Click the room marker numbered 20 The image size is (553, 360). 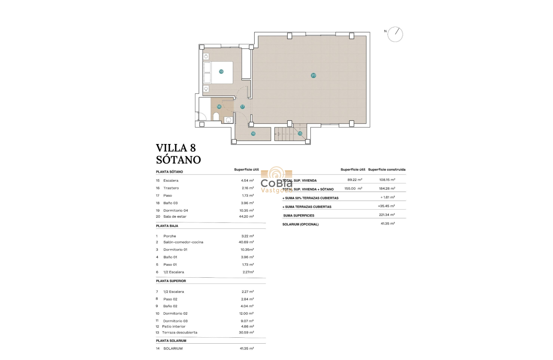pos(313,75)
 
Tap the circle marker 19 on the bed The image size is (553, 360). pos(221,72)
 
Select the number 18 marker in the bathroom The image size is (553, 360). pos(219,107)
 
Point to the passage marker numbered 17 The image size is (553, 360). pos(242,107)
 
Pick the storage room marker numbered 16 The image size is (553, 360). pos(253,134)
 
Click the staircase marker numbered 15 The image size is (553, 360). pos(300,134)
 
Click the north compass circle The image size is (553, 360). pos(395,34)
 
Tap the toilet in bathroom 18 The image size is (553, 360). pos(216,117)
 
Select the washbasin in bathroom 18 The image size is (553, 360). pos(228,120)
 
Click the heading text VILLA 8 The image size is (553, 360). pos(176,148)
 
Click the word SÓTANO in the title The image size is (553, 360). pos(178,160)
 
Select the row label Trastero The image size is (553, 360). pos(171,188)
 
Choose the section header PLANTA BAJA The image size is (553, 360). pos(167,226)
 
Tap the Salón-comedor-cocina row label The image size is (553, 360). pos(183,242)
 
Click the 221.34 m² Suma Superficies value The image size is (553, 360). pos(388,215)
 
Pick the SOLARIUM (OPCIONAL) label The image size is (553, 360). pos(301,224)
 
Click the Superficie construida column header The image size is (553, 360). pos(387,169)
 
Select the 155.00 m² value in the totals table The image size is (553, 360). pos(353,189)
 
